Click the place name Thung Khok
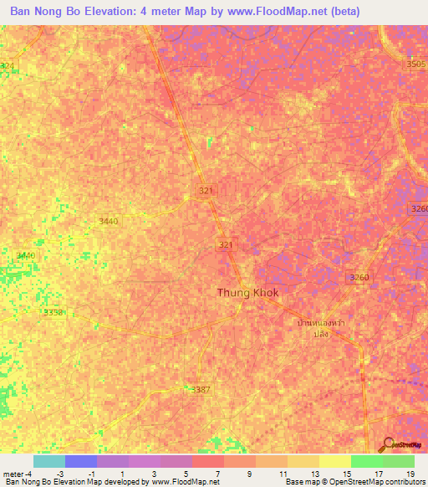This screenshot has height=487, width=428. pos(247,292)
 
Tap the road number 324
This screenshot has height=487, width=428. pos(8,65)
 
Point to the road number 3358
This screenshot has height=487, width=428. pos(53,312)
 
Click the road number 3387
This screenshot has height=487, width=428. pos(201,390)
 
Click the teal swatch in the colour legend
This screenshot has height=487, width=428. pos(48,461)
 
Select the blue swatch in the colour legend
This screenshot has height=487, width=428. pos(80,461)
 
